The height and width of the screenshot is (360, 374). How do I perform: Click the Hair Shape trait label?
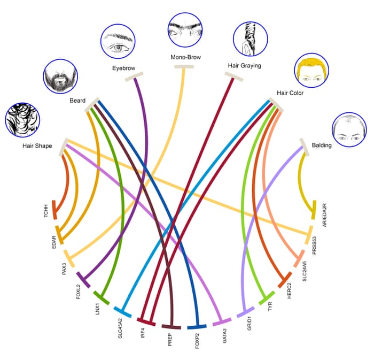(x=37, y=145)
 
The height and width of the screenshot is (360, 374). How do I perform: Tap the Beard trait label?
(x=77, y=101)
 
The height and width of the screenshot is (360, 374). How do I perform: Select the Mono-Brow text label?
(x=185, y=57)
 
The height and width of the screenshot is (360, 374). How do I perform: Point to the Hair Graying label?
(x=244, y=65)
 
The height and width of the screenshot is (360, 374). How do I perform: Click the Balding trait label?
(x=322, y=145)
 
